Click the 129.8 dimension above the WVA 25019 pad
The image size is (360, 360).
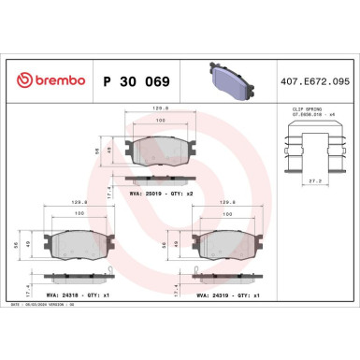click(162, 108)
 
